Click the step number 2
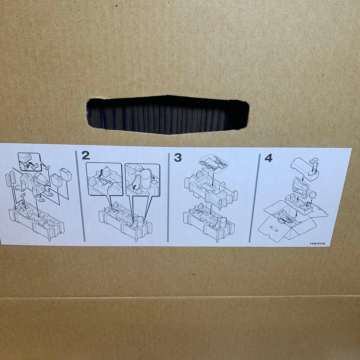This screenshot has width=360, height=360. coord(86,156)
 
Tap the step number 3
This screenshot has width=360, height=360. coord(178,157)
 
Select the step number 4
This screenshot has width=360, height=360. coord(268,158)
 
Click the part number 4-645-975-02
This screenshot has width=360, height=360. coord(318,243)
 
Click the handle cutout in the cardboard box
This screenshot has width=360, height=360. coord(168,115)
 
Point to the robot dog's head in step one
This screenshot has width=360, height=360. coord(41,179)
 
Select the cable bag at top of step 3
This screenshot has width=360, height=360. coord(213,162)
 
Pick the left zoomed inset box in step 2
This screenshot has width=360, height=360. coord(104,179)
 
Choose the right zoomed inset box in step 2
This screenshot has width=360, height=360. coord(142,180)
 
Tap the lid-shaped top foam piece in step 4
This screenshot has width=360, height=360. coord(305,169)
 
